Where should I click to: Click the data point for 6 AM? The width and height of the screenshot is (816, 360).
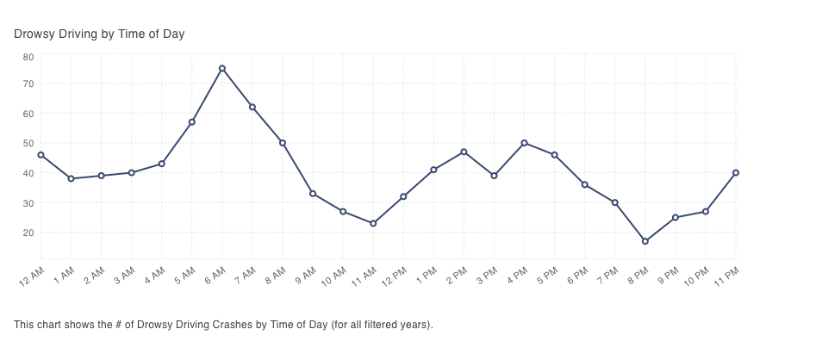coord(222,69)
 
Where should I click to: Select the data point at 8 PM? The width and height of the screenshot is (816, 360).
coord(645,241)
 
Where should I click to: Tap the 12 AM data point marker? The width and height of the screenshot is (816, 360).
coord(40,155)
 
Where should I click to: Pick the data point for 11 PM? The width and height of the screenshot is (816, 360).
coord(735,172)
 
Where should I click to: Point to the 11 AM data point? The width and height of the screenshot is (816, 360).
coord(373,223)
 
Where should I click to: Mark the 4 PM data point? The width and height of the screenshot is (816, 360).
coord(524,143)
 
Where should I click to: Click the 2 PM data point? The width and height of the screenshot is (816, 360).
coord(464,152)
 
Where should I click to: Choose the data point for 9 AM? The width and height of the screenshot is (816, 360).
coord(313,193)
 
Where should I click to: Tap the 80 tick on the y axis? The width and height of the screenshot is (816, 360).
coord(28,57)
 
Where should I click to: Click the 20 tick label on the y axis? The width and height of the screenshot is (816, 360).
coord(28,233)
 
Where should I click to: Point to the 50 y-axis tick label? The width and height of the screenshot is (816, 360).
coord(28,143)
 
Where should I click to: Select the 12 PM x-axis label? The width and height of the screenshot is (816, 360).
coord(395,276)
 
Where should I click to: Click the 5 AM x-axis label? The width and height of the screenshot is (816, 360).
coord(185,275)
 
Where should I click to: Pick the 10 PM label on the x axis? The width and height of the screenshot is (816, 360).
coord(696,276)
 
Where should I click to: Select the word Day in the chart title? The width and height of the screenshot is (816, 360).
coord(174,34)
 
